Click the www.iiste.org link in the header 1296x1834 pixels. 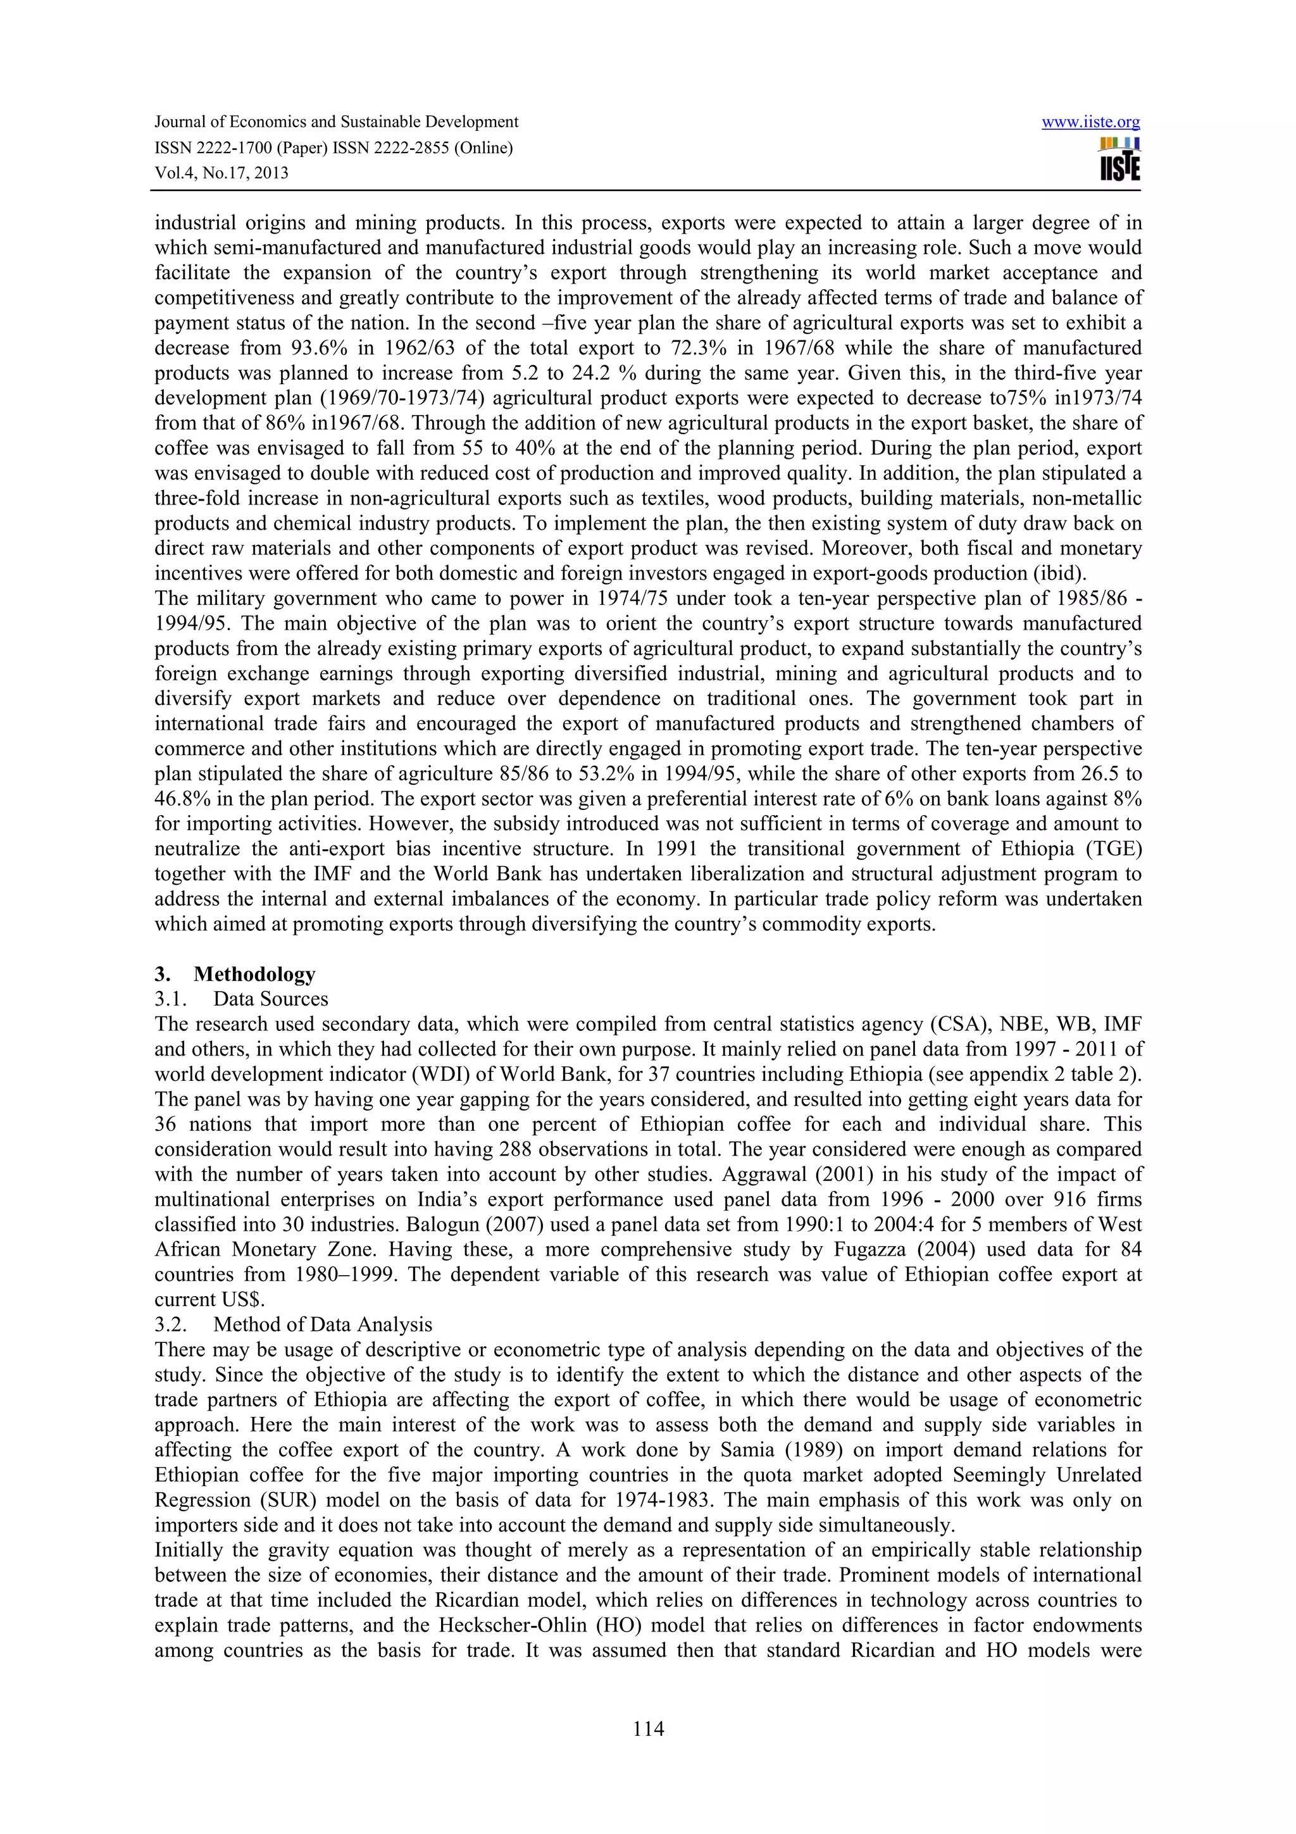point(1091,122)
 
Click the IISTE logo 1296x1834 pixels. point(1119,159)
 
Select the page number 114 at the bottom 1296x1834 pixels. point(647,1730)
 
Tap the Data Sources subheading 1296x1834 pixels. point(271,999)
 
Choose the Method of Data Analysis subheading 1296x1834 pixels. point(323,1325)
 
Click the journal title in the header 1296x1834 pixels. point(336,122)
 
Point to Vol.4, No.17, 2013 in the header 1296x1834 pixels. point(221,173)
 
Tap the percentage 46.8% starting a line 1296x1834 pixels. point(181,799)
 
